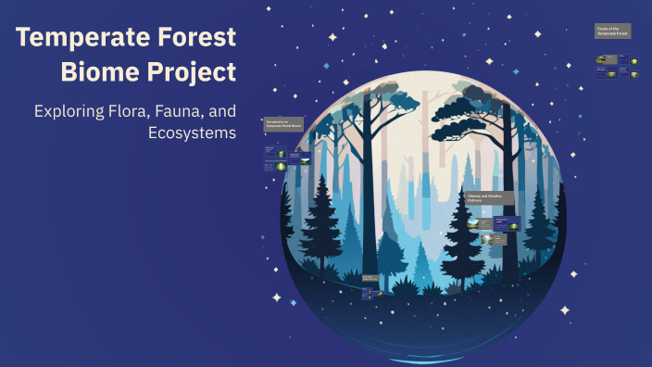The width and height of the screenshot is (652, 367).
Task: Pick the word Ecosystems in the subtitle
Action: tap(192, 133)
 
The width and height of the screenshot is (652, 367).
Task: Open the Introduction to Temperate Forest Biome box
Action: tap(282, 123)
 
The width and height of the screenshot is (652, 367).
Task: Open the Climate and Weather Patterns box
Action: tap(489, 198)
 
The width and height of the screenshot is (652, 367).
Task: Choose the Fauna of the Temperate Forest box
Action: tap(612, 32)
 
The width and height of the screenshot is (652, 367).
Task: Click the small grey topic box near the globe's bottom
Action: tap(370, 277)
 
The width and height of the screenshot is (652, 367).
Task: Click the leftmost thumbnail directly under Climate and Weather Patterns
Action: tap(474, 223)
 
